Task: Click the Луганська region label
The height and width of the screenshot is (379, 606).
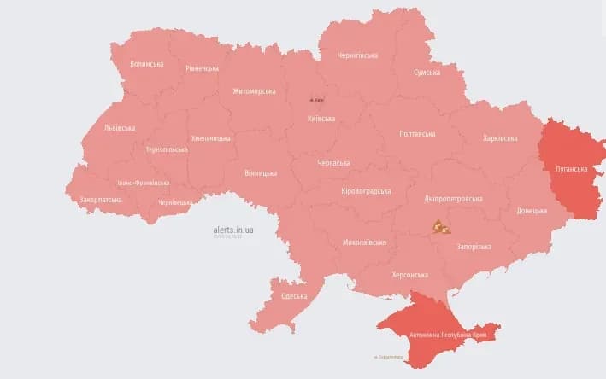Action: tap(569, 169)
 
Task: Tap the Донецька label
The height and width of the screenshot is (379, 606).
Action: tap(532, 210)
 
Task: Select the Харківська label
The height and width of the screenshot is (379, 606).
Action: tap(499, 138)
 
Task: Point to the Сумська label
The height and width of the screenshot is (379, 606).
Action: tap(427, 73)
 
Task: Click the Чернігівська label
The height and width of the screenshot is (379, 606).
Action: tap(357, 55)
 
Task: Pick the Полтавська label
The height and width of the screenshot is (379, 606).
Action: tap(417, 133)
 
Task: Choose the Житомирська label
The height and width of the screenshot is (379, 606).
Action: tap(254, 91)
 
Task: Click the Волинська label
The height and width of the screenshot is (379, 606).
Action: tap(147, 64)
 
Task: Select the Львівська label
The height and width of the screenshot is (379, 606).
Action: tap(119, 127)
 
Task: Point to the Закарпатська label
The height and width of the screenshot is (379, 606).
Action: tap(102, 200)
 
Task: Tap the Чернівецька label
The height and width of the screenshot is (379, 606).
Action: tap(175, 203)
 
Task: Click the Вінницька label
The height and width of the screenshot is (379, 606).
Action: tap(260, 173)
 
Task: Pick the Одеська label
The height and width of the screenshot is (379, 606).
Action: tap(294, 296)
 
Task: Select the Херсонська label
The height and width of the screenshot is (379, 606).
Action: tap(409, 275)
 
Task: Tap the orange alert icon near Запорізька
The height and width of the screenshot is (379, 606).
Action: tap(440, 227)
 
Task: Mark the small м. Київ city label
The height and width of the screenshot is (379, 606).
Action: tap(317, 100)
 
